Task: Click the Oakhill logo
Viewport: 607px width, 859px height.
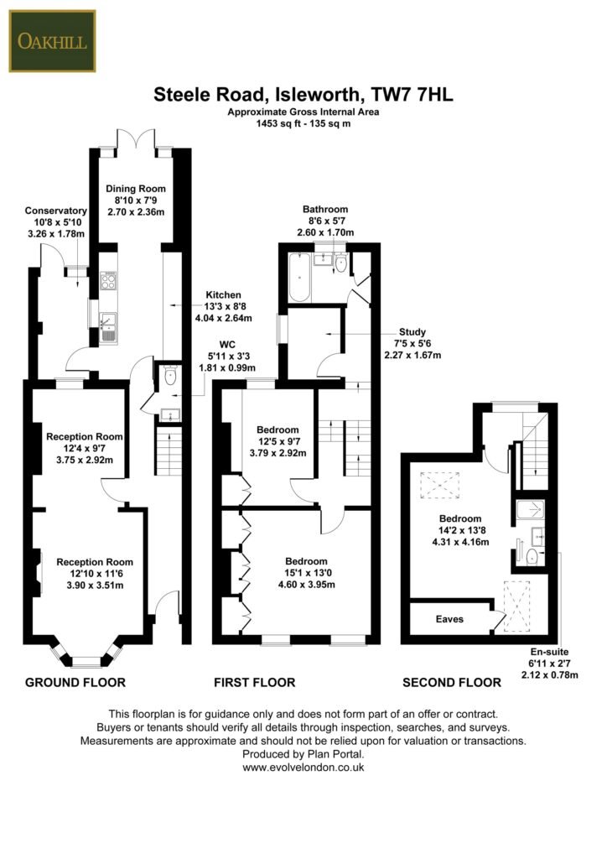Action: click(53, 41)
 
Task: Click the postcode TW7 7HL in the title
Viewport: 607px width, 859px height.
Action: click(412, 94)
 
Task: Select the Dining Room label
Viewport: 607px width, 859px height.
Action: click(136, 189)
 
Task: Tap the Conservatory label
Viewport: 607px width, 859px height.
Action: click(56, 211)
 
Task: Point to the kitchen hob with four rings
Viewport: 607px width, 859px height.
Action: click(108, 280)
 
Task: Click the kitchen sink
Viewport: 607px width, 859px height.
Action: click(108, 328)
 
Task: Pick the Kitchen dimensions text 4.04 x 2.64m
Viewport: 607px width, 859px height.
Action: click(223, 318)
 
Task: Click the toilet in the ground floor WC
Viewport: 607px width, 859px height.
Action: click(170, 377)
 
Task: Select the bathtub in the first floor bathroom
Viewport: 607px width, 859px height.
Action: click(299, 277)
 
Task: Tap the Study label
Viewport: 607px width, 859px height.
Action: click(412, 332)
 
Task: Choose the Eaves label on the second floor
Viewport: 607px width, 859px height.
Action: click(449, 619)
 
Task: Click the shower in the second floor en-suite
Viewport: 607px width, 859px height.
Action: click(531, 511)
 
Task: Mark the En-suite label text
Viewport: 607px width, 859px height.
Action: click(549, 652)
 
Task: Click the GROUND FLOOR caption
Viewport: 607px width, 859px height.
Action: click(75, 682)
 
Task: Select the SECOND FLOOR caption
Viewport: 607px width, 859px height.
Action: click(452, 683)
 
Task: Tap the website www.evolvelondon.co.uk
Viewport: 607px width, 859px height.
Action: click(303, 768)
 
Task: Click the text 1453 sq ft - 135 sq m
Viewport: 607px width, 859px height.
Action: click(303, 123)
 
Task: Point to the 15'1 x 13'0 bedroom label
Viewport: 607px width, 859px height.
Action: click(307, 572)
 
